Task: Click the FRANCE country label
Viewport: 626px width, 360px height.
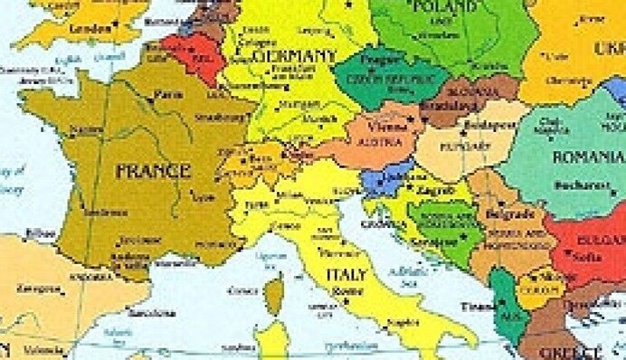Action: click(151, 169)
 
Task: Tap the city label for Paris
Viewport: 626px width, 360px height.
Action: click(162, 93)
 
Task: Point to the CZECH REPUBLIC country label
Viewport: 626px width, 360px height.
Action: click(375, 78)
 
